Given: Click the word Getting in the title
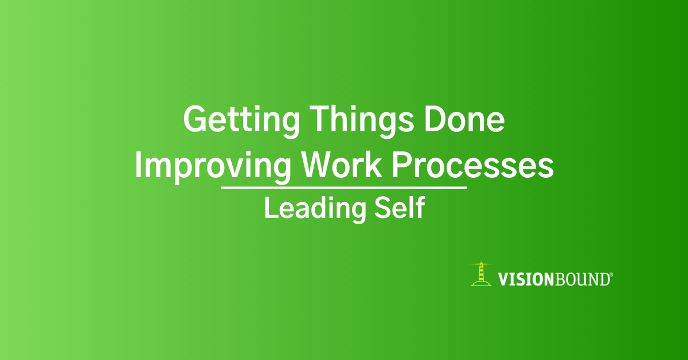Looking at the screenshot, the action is click(241, 121).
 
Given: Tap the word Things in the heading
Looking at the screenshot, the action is click(362, 121).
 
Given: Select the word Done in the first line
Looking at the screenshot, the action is click(464, 119).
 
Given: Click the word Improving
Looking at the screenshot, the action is click(213, 167).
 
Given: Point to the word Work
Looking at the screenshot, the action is click(342, 165).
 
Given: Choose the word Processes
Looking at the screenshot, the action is click(473, 165).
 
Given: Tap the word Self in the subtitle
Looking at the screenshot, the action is click(400, 208).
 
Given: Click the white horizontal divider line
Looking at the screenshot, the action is click(344, 187).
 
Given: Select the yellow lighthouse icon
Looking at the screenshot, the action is click(481, 275).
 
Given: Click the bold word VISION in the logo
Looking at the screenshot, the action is click(526, 280).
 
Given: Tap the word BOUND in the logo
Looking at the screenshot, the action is click(581, 280).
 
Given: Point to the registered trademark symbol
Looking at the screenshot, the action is click(611, 275).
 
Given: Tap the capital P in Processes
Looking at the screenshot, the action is click(402, 165).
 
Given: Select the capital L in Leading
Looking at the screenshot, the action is click(272, 208).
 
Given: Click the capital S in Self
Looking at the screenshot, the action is click(382, 208).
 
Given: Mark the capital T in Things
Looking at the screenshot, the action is click(319, 119).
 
